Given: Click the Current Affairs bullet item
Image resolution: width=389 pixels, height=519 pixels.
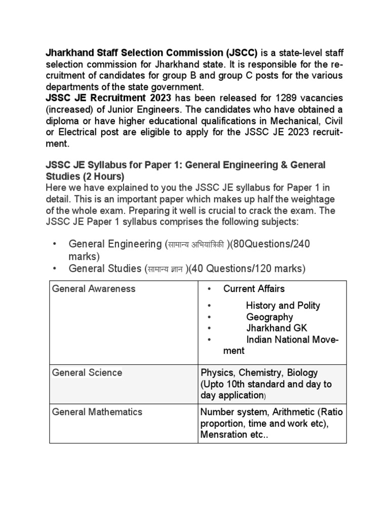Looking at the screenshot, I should click(x=254, y=289).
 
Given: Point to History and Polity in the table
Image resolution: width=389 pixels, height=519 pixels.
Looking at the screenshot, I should click(x=283, y=306).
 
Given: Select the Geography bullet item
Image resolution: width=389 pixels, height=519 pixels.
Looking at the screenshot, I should click(x=269, y=317).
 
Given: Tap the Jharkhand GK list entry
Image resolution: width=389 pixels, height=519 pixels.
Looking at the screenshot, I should click(x=277, y=328).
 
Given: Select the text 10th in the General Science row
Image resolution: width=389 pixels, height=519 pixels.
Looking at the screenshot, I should click(x=235, y=384).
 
